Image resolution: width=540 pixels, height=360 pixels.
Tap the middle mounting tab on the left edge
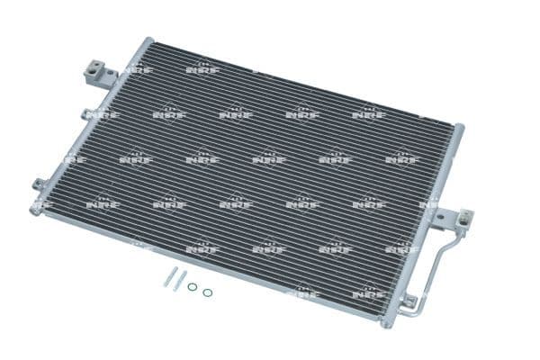pyautogui.click(x=86, y=114)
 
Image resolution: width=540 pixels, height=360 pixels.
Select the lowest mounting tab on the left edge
pyautogui.click(x=40, y=185)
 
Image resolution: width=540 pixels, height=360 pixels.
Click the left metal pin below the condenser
pyautogui.click(x=168, y=279)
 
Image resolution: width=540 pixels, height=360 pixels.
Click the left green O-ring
pyautogui.click(x=193, y=287)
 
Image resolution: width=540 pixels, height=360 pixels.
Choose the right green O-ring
pyautogui.click(x=208, y=292)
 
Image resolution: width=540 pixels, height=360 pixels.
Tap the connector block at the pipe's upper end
pyautogui.click(x=463, y=219)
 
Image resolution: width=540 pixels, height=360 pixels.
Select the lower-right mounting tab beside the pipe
pyautogui.click(x=409, y=301)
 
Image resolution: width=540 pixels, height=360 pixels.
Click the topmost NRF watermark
pyautogui.click(x=202, y=67)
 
